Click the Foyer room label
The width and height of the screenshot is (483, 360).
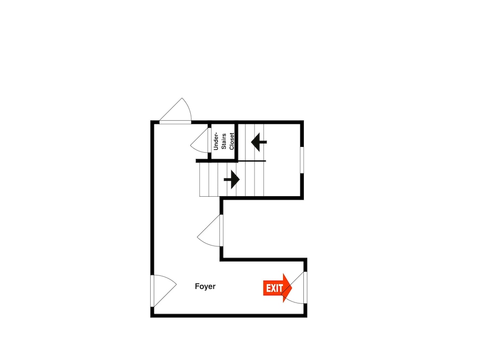pyautogui.click(x=205, y=286)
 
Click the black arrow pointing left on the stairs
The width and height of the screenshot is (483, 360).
pyautogui.click(x=259, y=142)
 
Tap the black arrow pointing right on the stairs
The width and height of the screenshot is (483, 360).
pyautogui.click(x=232, y=179)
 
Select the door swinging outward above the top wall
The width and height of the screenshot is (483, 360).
pyautogui.click(x=176, y=112)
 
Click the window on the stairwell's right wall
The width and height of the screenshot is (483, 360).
pyautogui.click(x=302, y=159)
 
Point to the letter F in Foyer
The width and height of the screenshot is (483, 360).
pyautogui.click(x=197, y=286)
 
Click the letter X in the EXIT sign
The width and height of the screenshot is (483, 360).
pyautogui.click(x=273, y=288)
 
